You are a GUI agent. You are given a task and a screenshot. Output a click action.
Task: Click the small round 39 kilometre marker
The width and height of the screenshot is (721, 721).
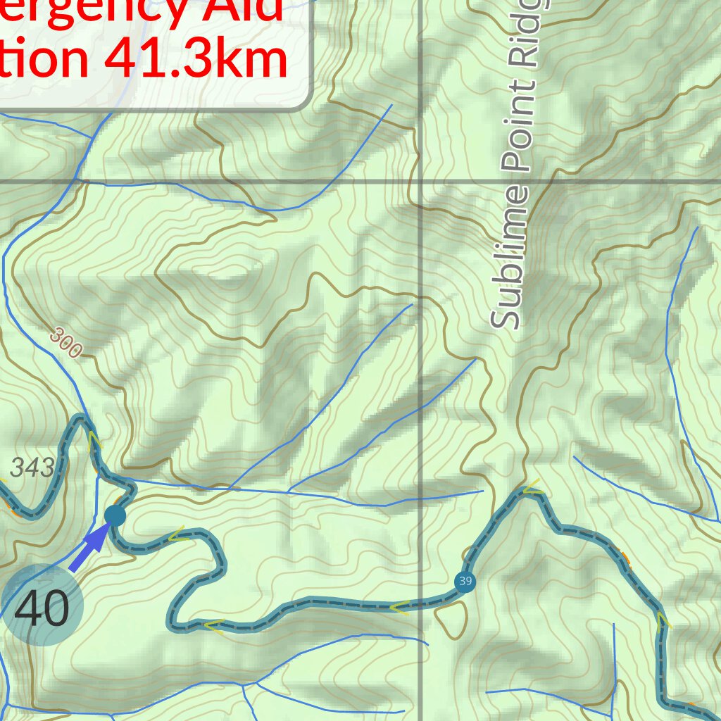(x=464, y=582)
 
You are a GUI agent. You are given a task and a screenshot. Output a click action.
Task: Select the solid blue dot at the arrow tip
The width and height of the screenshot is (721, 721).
(x=115, y=515)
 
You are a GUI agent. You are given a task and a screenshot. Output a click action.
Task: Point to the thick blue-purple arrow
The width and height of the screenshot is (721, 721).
(x=89, y=551)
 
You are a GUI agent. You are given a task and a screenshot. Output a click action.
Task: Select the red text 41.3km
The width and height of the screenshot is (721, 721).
(x=196, y=59)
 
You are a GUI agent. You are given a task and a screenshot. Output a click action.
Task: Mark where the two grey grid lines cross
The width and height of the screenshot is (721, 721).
(x=421, y=182)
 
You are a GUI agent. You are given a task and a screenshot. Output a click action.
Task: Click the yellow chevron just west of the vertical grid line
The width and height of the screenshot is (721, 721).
(x=400, y=607)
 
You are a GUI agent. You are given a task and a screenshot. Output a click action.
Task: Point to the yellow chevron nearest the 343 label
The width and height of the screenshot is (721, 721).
(x=94, y=443)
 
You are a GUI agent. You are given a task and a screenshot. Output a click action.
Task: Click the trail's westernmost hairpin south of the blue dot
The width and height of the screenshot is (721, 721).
(x=172, y=622)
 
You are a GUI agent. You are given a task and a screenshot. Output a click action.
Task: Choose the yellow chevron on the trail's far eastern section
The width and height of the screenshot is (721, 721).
(x=663, y=620)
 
